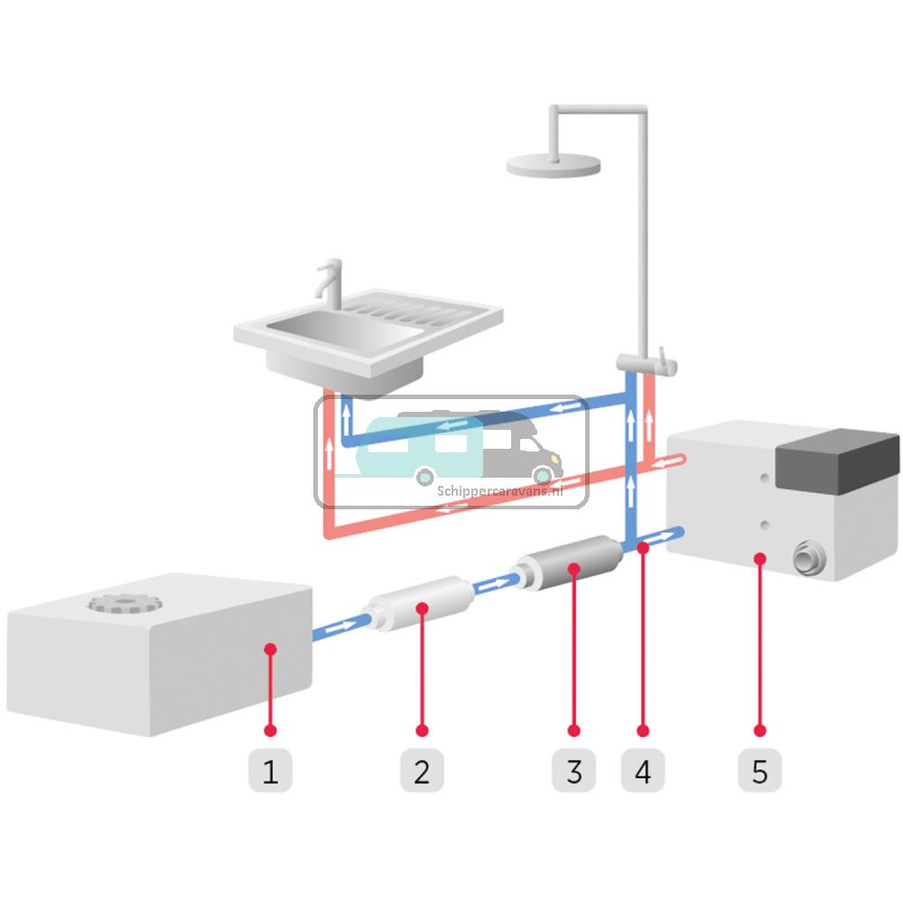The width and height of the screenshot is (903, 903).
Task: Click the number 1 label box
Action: (270, 770)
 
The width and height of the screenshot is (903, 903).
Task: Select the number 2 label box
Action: (422, 770)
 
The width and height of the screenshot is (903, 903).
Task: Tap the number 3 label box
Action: (573, 770)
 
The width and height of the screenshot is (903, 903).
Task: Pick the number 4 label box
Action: (643, 770)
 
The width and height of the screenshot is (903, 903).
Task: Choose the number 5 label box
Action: (759, 770)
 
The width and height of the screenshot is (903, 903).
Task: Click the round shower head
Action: (554, 165)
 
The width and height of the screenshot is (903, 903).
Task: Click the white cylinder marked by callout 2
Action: (421, 603)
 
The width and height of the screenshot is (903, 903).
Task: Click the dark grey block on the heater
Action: (838, 461)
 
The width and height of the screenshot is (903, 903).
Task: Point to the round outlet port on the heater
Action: (809, 557)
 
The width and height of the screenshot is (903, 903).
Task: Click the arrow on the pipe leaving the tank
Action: (341, 626)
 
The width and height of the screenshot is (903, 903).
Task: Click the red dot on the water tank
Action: (270, 649)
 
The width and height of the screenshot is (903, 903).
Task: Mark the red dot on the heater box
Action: (759, 558)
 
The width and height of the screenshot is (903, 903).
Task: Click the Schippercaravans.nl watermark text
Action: (500, 491)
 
